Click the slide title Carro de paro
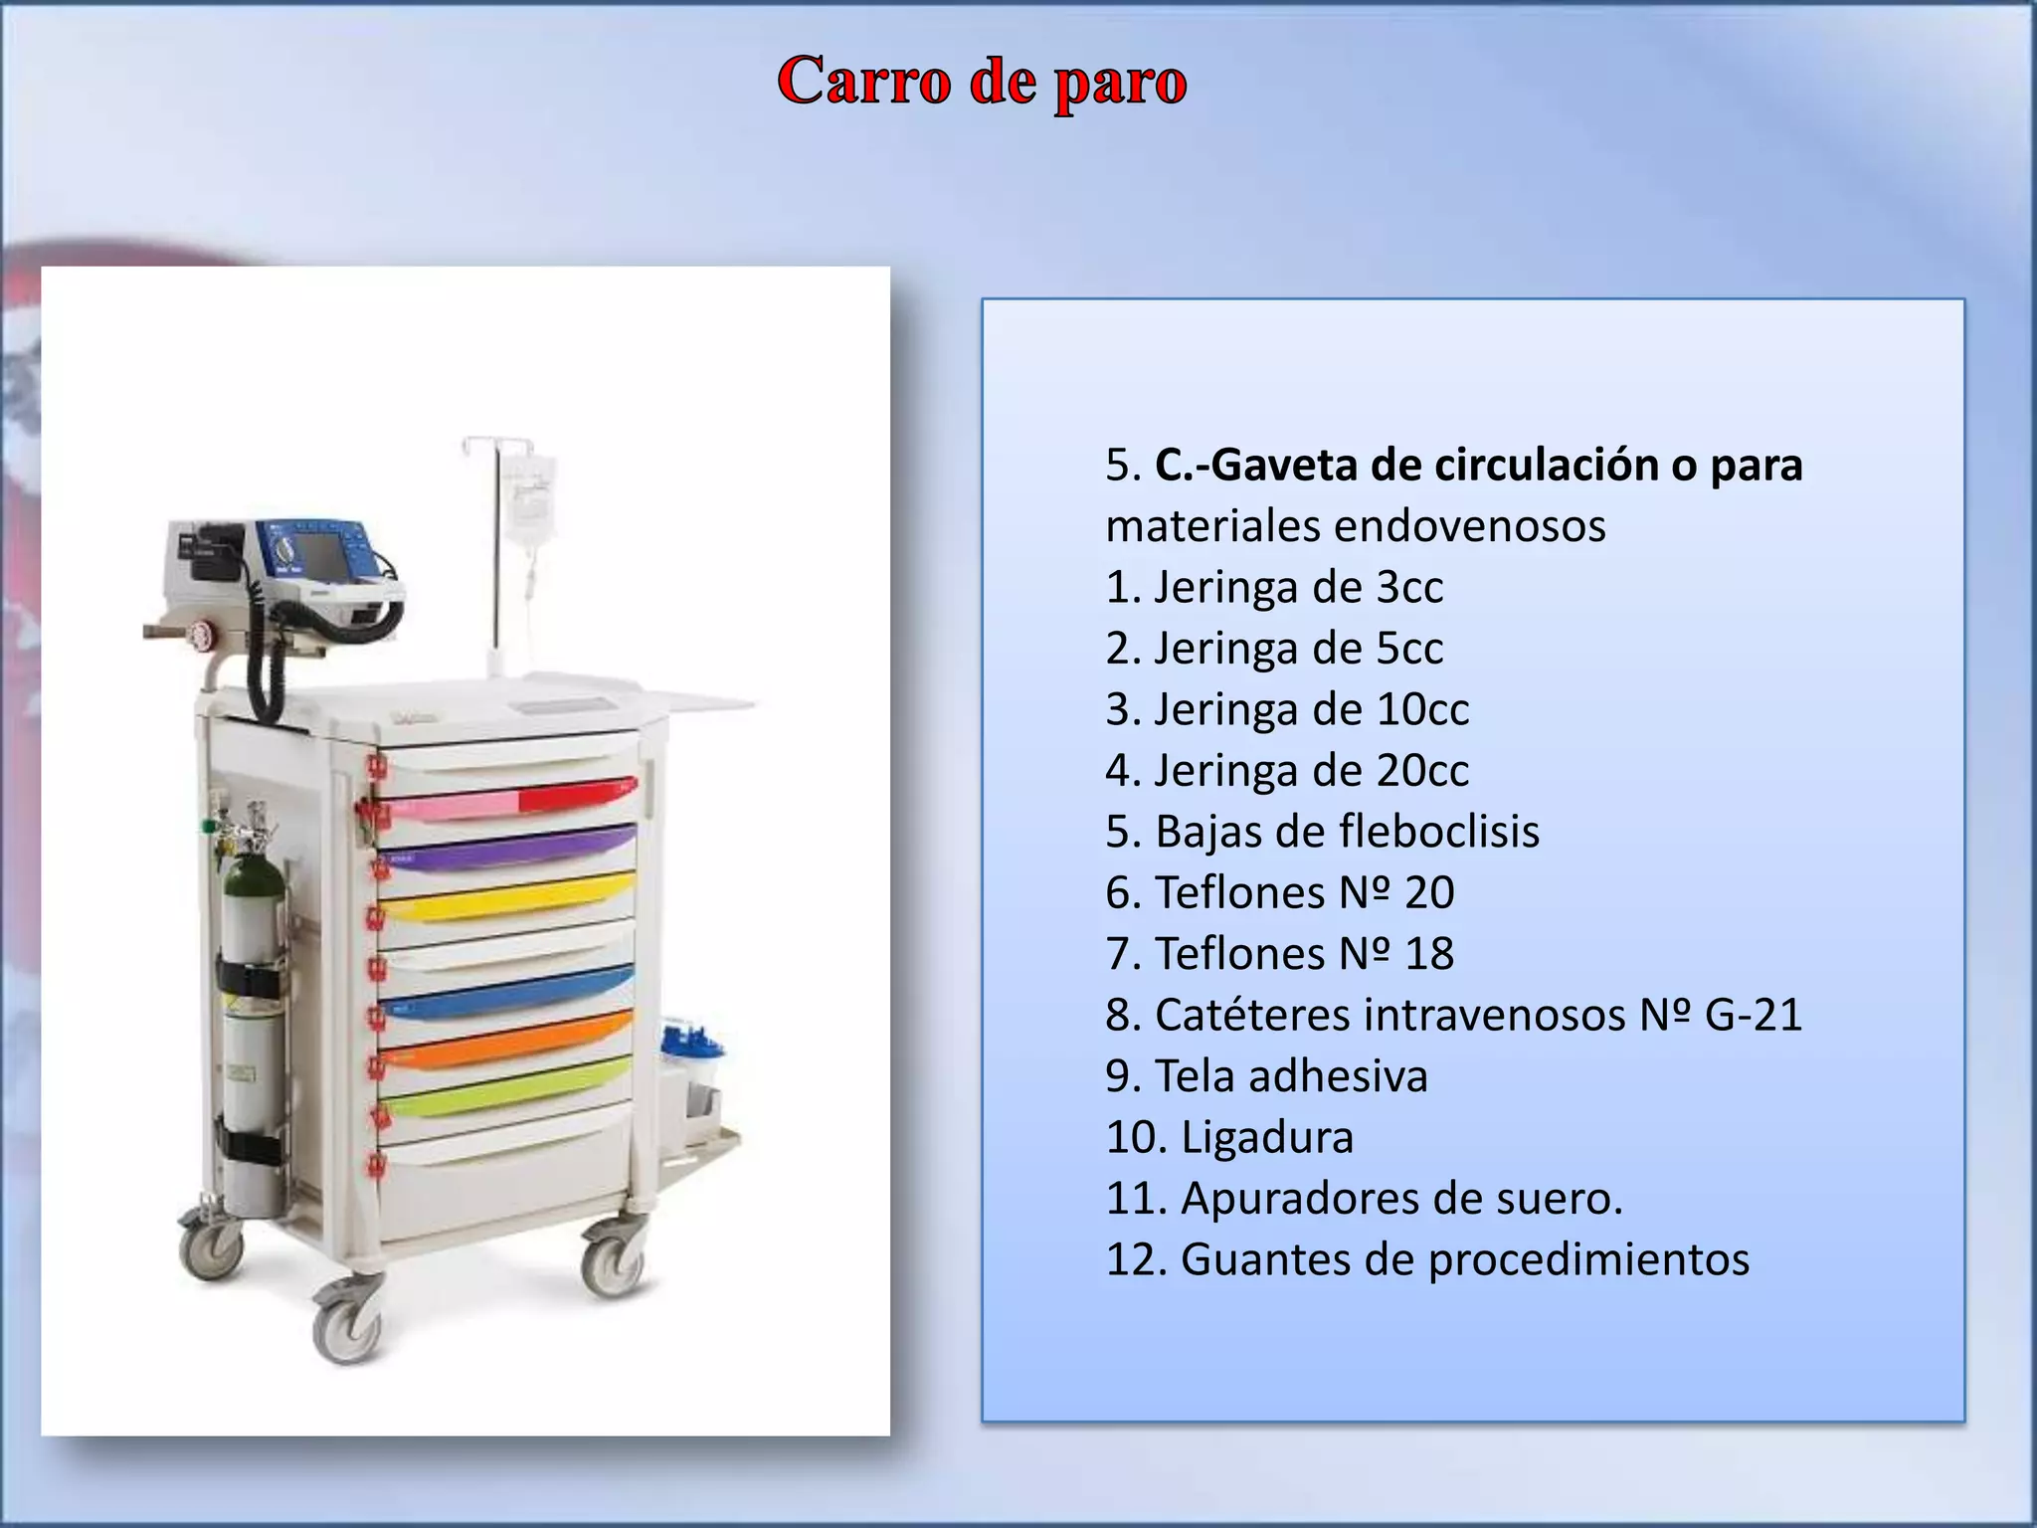pos(982,82)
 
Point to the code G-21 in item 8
pos(1753,1015)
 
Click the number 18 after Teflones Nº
pos(1428,954)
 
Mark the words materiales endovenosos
pos(1355,526)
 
